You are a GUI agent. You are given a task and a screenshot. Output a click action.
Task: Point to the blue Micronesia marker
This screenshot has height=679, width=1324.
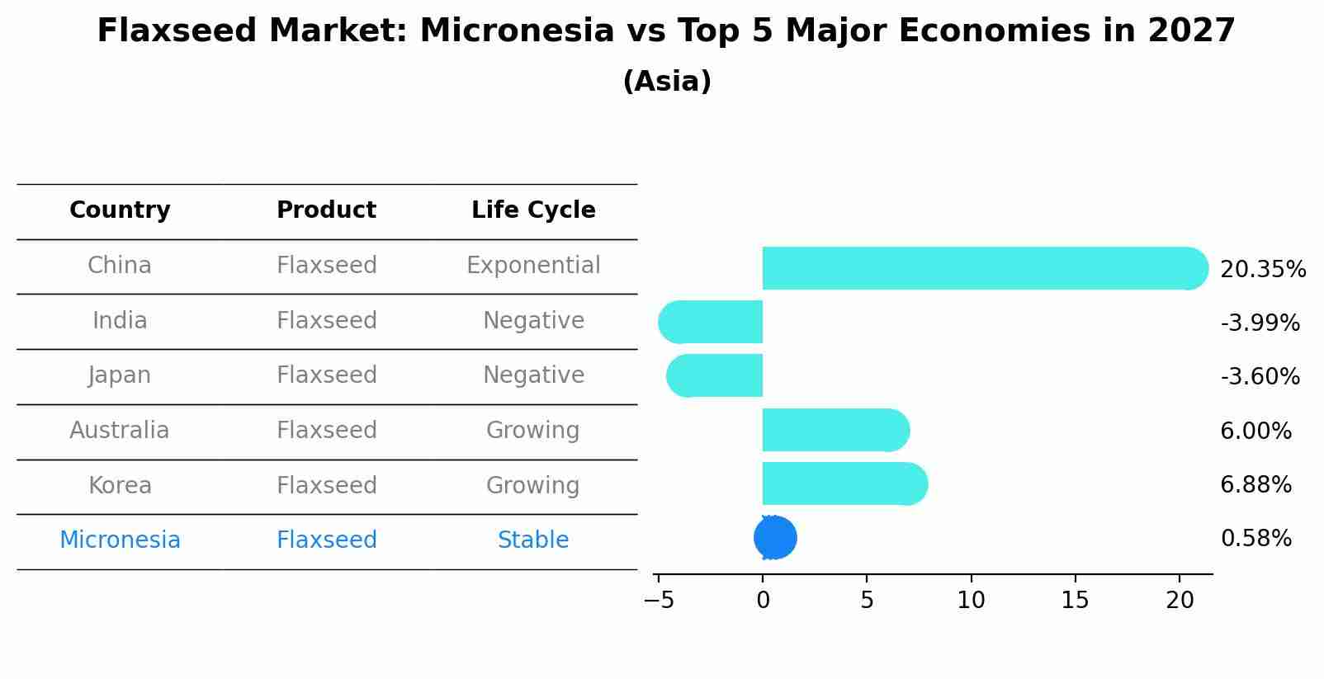pyautogui.click(x=775, y=538)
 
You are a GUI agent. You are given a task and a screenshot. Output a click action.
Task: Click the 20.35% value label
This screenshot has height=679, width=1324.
pyautogui.click(x=1262, y=270)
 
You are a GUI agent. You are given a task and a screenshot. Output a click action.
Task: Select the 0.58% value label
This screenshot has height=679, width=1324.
pyautogui.click(x=1255, y=539)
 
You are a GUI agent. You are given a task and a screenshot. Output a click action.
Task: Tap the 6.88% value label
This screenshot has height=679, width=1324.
pyautogui.click(x=1255, y=484)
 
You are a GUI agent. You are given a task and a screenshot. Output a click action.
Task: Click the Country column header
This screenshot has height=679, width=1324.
pyautogui.click(x=120, y=210)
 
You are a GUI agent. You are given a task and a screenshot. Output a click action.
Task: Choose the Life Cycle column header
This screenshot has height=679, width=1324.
pyautogui.click(x=533, y=210)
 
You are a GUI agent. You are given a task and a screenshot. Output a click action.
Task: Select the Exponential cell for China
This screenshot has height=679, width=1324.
pyautogui.click(x=533, y=266)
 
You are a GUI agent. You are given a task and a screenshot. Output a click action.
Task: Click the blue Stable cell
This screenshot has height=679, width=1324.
pyautogui.click(x=533, y=540)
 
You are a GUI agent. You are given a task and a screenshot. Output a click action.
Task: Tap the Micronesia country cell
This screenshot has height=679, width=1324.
pyautogui.click(x=120, y=540)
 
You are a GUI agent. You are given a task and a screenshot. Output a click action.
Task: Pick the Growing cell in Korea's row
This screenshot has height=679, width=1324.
pyautogui.click(x=533, y=485)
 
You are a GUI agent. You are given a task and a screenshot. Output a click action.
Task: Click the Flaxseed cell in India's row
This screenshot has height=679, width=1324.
pyautogui.click(x=327, y=320)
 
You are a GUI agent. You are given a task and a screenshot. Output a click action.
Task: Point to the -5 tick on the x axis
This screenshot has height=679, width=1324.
pyautogui.click(x=659, y=601)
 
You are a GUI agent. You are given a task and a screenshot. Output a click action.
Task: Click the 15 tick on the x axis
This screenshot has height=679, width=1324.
pyautogui.click(x=1076, y=601)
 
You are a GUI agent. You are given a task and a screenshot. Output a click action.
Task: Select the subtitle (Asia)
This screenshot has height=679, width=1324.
pyautogui.click(x=667, y=82)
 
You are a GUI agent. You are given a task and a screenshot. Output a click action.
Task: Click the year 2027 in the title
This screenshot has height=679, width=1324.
pyautogui.click(x=1191, y=31)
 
